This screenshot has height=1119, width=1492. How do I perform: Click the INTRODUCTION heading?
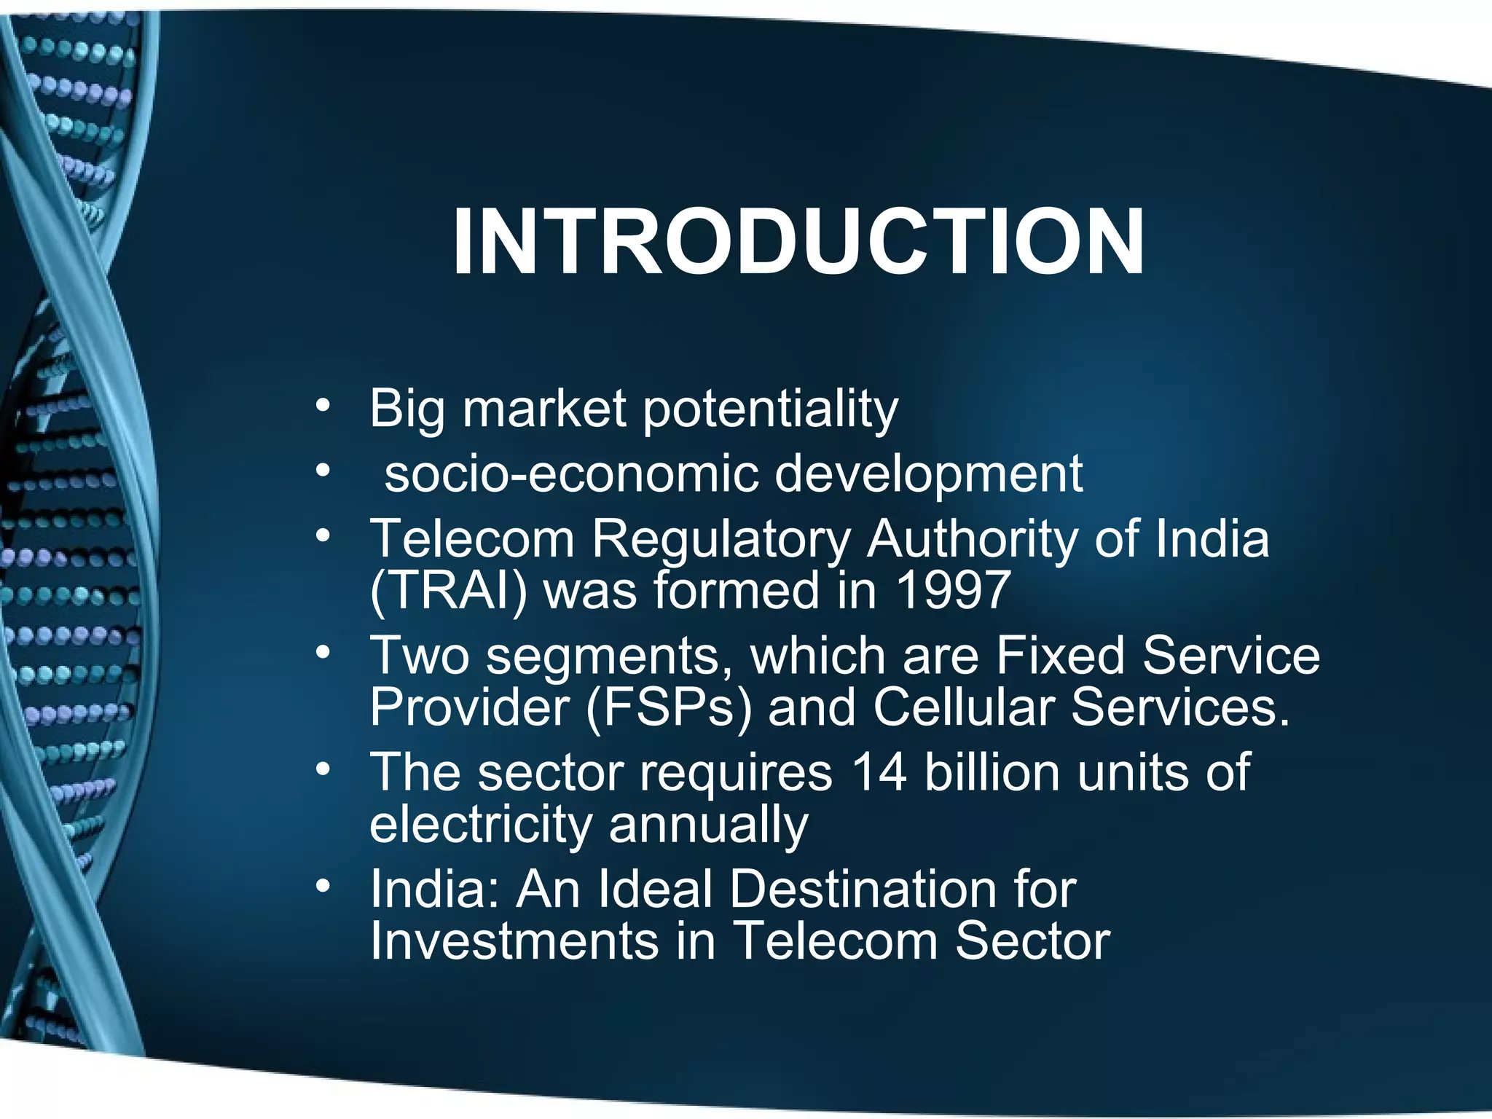[798, 242]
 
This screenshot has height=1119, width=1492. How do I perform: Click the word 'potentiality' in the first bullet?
[770, 410]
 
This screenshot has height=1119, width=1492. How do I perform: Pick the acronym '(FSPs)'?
[667, 708]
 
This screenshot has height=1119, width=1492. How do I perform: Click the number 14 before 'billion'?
[879, 772]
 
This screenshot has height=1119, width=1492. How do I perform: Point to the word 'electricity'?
[481, 825]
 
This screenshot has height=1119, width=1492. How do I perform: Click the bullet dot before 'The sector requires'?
[323, 768]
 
